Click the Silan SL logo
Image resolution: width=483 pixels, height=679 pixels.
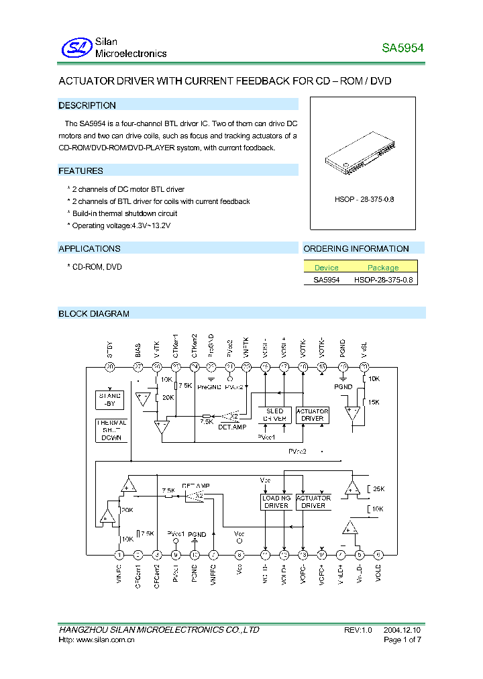[x=76, y=48]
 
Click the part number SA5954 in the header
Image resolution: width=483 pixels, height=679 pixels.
[x=402, y=48]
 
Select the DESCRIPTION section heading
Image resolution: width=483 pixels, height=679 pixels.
[x=87, y=105]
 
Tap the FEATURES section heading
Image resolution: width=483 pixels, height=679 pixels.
[x=81, y=171]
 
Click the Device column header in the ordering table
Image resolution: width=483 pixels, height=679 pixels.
[x=327, y=268]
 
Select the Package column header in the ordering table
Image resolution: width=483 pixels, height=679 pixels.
[x=383, y=268]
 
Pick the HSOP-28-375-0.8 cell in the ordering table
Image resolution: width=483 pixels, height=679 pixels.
[x=383, y=280]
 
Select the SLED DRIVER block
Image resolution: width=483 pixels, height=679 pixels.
[x=274, y=415]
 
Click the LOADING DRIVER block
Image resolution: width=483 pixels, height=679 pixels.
[x=276, y=502]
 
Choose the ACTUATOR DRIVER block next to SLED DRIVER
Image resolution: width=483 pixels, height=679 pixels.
[x=313, y=415]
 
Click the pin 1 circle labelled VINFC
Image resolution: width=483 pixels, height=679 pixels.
[x=119, y=554]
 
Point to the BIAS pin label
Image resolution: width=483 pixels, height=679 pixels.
[x=138, y=350]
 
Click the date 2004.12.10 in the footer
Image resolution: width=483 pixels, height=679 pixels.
[x=402, y=630]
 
